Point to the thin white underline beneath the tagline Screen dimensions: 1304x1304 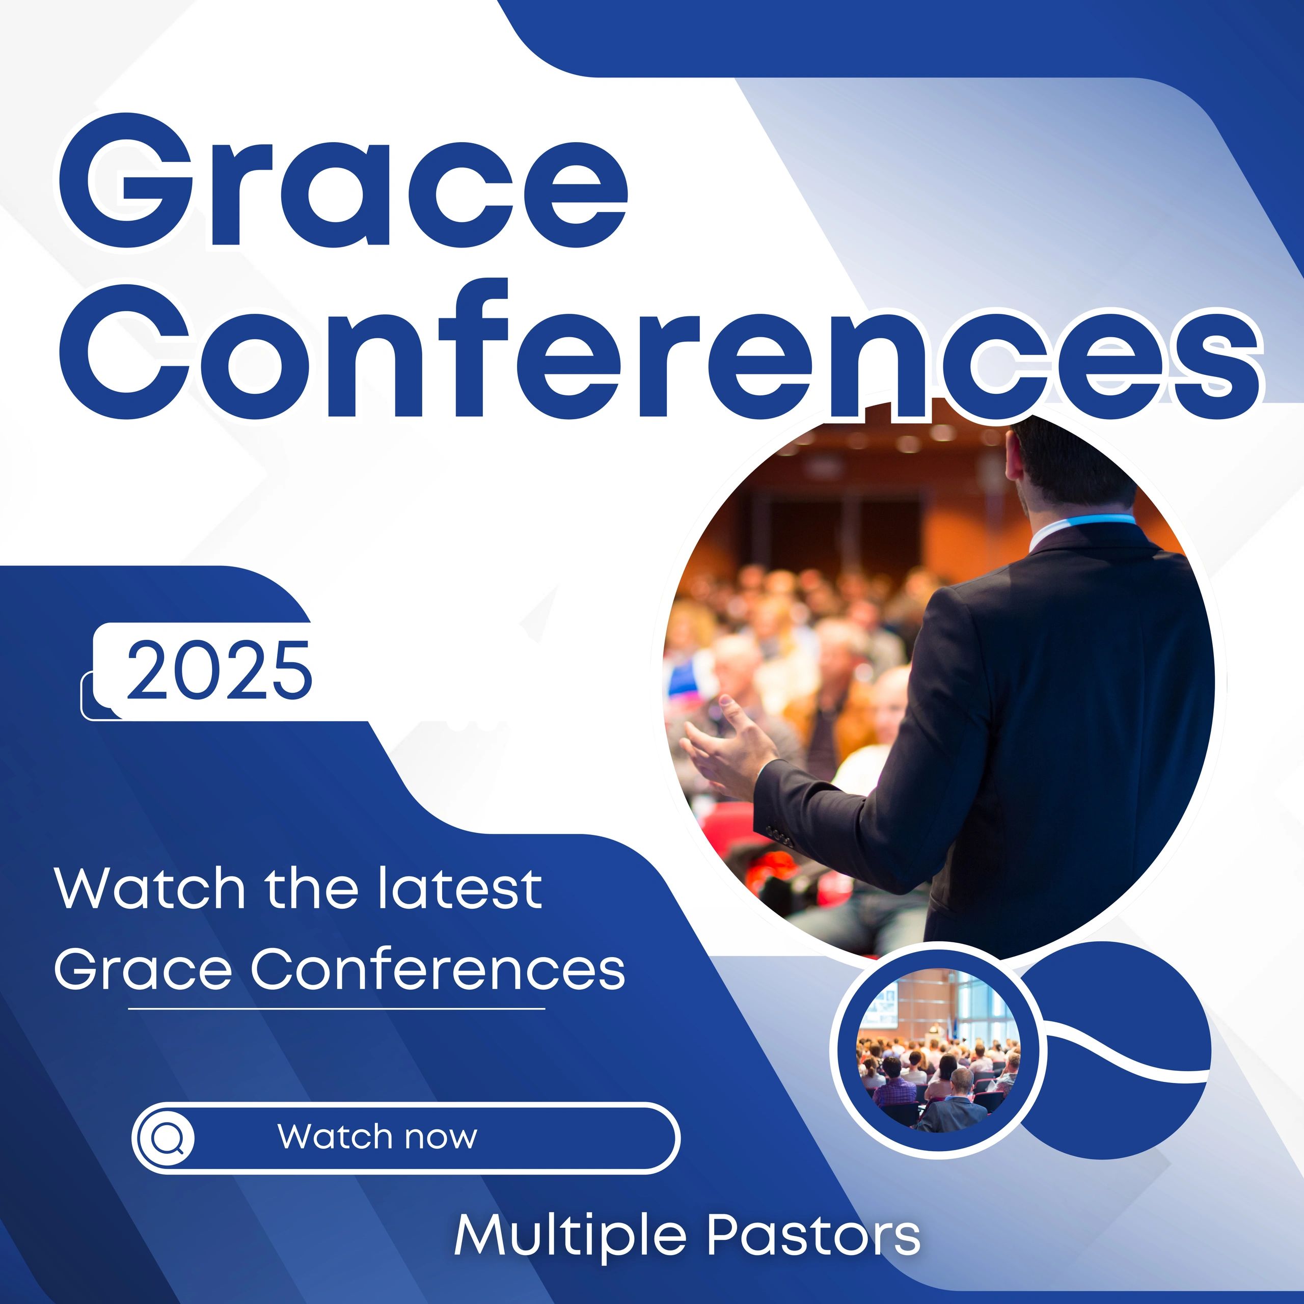(x=336, y=1009)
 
